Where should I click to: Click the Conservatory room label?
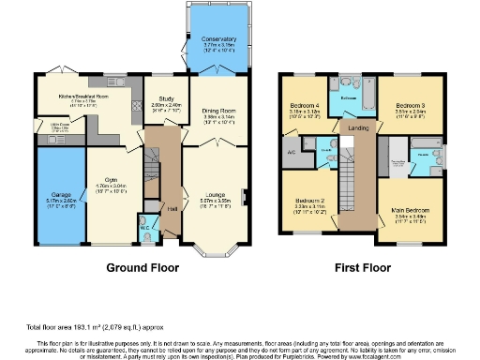[x=217, y=38]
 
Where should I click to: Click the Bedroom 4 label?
[x=302, y=105]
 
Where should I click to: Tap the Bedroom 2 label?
[x=310, y=201]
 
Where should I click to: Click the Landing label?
[x=357, y=128]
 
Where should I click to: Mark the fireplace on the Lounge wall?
[x=246, y=196]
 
